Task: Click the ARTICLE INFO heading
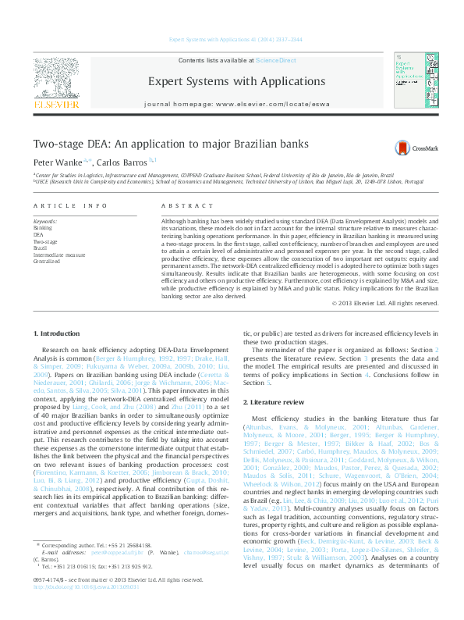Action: point(70,206)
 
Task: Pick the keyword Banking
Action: point(43,227)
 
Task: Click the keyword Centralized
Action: point(46,261)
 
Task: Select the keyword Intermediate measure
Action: point(59,255)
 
